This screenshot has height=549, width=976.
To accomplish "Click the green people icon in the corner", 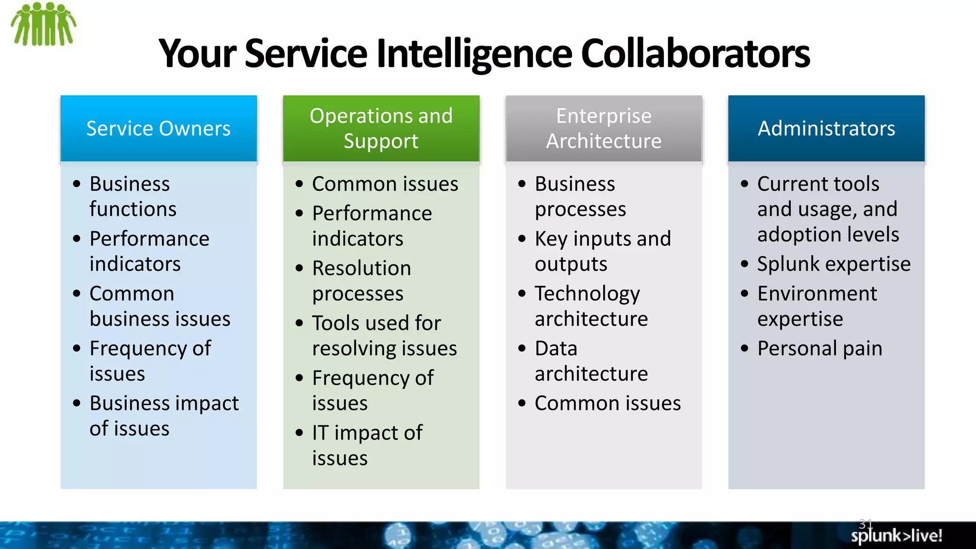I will click(43, 24).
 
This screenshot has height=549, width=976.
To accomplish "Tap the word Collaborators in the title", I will click(695, 53).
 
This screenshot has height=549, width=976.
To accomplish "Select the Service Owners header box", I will click(158, 129).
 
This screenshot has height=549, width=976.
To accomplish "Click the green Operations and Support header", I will click(381, 129).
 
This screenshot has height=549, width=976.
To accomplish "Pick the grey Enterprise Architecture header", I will click(603, 129).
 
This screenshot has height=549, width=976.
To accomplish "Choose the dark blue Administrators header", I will click(826, 129).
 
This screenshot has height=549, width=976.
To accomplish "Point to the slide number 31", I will click(865, 524).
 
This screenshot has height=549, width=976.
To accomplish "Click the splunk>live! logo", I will click(896, 536).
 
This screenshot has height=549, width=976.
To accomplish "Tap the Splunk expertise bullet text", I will click(834, 264).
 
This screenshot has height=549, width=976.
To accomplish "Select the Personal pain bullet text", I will click(820, 348).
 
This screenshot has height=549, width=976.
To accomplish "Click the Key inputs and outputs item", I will click(602, 251).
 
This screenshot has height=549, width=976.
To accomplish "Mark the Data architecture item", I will click(591, 361).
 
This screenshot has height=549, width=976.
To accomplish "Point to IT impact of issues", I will click(367, 445).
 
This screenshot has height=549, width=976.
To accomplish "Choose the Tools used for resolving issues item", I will click(384, 335).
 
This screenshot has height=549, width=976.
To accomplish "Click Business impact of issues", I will click(164, 416).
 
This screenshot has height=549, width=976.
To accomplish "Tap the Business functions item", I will click(132, 196).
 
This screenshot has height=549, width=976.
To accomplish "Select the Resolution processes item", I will click(361, 281).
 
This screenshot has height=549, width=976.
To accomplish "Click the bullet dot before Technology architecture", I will click(522, 294).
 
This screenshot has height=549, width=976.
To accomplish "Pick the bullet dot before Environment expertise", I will click(745, 294).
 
